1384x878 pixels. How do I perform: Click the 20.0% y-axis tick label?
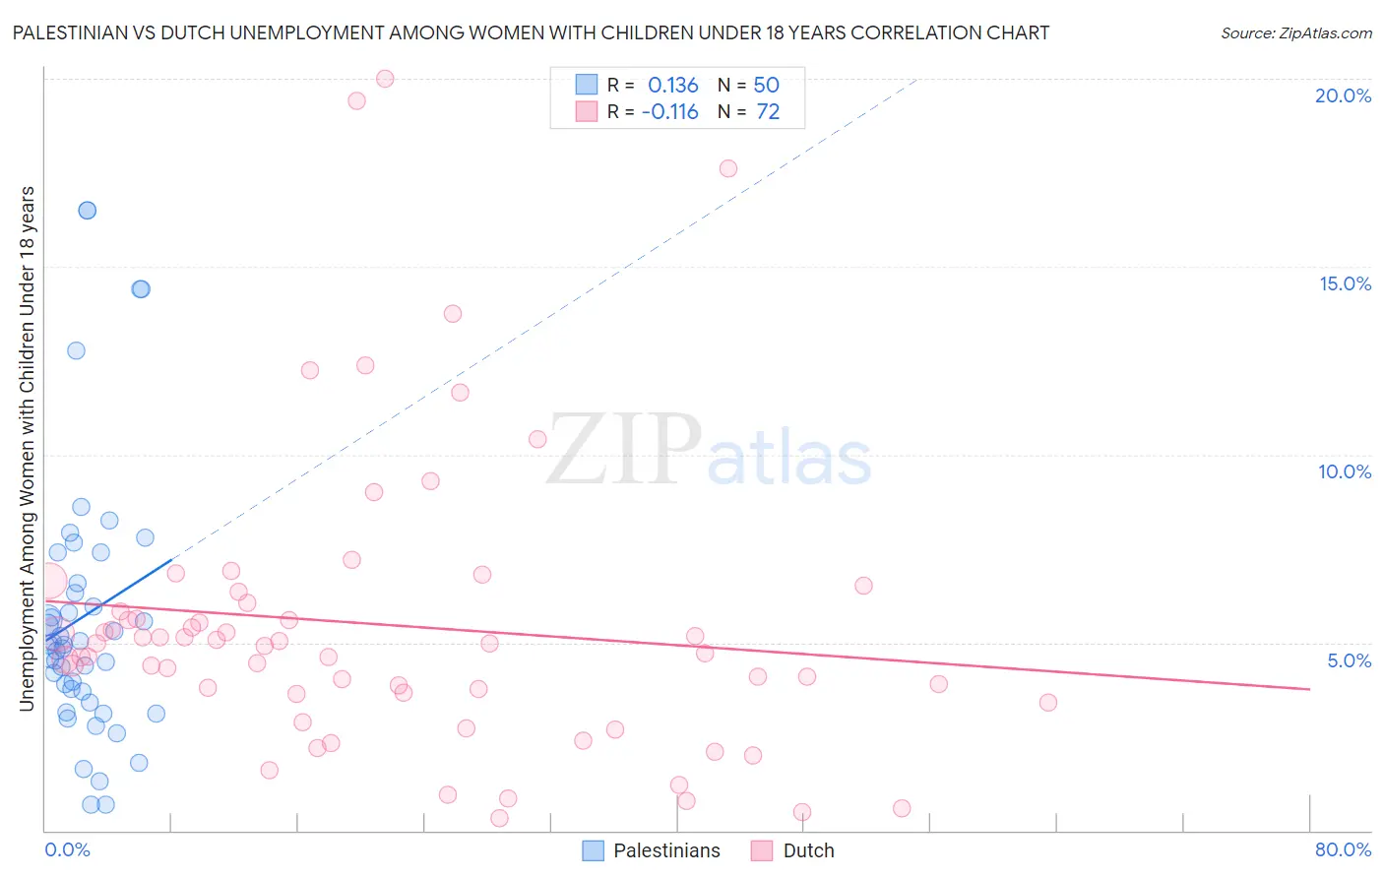(1343, 95)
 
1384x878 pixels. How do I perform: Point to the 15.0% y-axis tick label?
(1345, 283)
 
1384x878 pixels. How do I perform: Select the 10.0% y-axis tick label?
(1345, 471)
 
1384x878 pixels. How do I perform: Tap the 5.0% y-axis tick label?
(1349, 660)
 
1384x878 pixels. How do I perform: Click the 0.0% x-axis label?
(67, 849)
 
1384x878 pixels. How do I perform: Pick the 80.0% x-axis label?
(1343, 849)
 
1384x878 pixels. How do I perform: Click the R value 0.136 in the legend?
(672, 86)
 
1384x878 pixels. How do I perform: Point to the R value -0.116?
(669, 112)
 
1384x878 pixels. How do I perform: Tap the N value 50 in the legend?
(766, 86)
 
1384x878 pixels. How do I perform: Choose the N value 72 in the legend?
(768, 112)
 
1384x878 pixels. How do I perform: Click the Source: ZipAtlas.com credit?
(1295, 33)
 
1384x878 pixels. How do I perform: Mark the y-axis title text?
(27, 448)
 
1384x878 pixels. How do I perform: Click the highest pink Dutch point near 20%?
(385, 79)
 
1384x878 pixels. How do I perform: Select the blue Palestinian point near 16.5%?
(87, 210)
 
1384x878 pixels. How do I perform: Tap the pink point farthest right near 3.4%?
(1047, 702)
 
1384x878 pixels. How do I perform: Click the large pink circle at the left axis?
(47, 583)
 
